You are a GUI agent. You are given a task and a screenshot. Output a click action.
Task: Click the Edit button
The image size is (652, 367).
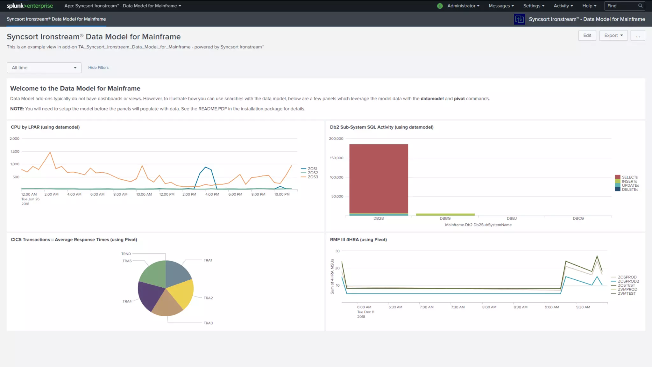pyautogui.click(x=587, y=35)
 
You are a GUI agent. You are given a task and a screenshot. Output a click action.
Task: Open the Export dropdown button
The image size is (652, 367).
pyautogui.click(x=613, y=35)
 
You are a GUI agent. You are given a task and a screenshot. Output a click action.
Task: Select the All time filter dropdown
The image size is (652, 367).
pyautogui.click(x=44, y=68)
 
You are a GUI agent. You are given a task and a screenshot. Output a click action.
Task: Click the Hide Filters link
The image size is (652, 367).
pyautogui.click(x=98, y=68)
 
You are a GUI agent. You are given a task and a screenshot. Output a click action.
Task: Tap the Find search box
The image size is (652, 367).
pyautogui.click(x=622, y=6)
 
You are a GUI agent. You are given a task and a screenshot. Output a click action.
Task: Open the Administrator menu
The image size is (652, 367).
pyautogui.click(x=463, y=6)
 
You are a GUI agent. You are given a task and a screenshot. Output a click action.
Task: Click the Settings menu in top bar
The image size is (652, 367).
pyautogui.click(x=534, y=6)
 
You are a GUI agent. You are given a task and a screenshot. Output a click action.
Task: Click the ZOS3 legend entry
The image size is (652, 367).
pyautogui.click(x=312, y=177)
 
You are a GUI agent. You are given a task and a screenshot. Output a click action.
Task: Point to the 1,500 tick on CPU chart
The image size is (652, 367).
pyautogui.click(x=15, y=151)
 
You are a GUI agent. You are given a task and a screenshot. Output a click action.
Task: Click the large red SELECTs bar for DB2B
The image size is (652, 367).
pyautogui.click(x=379, y=178)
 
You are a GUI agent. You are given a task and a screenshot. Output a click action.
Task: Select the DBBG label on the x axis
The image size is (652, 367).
pyautogui.click(x=445, y=218)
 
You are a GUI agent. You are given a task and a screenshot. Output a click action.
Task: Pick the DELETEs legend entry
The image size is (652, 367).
pyautogui.click(x=630, y=190)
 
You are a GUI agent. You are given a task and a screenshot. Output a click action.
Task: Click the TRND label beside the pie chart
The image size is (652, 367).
pyautogui.click(x=126, y=254)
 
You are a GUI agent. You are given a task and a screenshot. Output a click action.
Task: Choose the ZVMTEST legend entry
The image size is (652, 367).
pyautogui.click(x=626, y=293)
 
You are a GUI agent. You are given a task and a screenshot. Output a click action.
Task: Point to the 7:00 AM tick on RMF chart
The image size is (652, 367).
pyautogui.click(x=427, y=307)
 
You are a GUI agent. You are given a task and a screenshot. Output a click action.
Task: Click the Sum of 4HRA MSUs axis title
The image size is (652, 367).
pyautogui.click(x=332, y=276)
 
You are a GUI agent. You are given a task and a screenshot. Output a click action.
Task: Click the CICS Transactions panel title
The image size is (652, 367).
pyautogui.click(x=74, y=240)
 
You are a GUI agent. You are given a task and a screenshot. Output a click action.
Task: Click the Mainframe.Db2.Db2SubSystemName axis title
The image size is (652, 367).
pyautogui.click(x=478, y=225)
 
